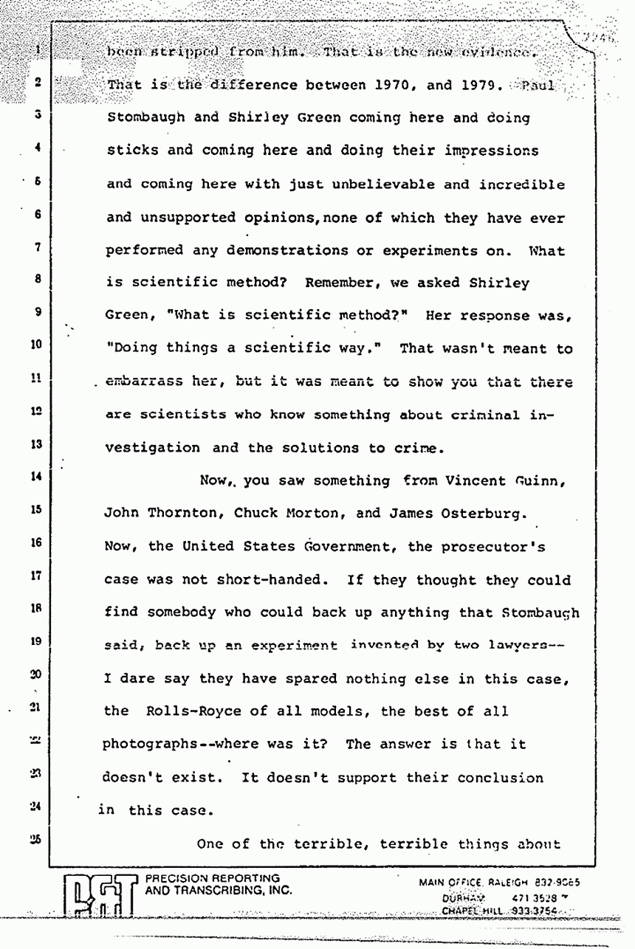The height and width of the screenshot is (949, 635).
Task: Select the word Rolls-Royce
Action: tap(199, 711)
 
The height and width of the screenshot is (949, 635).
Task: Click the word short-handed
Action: tap(251, 581)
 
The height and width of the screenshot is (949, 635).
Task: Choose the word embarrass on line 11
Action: tap(140, 382)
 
